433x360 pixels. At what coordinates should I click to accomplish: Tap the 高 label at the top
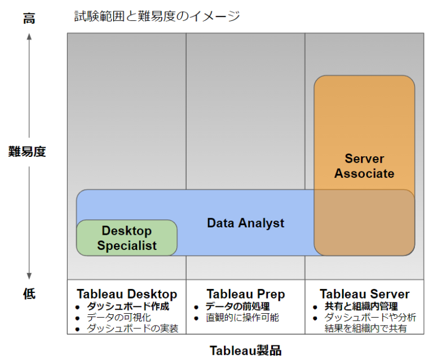click(29, 18)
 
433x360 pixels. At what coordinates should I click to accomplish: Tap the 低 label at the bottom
click(29, 293)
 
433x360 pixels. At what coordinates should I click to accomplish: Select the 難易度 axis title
click(27, 151)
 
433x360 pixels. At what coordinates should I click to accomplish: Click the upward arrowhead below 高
click(29, 38)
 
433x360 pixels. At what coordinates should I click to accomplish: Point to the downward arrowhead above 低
click(29, 275)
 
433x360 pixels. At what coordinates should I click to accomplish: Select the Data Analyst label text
click(245, 223)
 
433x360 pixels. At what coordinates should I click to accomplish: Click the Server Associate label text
click(364, 166)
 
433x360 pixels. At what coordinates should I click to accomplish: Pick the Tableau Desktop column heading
click(127, 294)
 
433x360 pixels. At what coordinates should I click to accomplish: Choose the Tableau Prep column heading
click(245, 294)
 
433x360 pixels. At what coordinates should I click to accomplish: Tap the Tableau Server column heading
click(364, 294)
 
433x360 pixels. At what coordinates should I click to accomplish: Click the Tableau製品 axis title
click(245, 350)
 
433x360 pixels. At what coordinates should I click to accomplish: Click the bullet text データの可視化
click(119, 317)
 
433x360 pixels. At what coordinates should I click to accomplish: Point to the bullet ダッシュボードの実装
click(132, 328)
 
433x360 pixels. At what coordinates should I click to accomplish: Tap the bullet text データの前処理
click(237, 306)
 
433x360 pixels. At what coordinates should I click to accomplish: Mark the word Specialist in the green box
click(127, 245)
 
